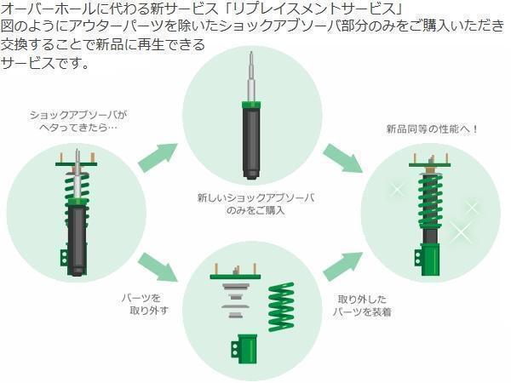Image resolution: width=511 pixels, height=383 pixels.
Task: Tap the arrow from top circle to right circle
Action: pyautogui.click(x=343, y=159)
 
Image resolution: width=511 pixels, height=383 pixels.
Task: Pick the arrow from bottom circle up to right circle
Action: pyautogui.click(x=343, y=265)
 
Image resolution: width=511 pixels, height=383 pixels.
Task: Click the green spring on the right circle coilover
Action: pyautogui.click(x=430, y=201)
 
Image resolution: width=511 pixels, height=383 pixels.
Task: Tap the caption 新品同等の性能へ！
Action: pyautogui.click(x=432, y=129)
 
